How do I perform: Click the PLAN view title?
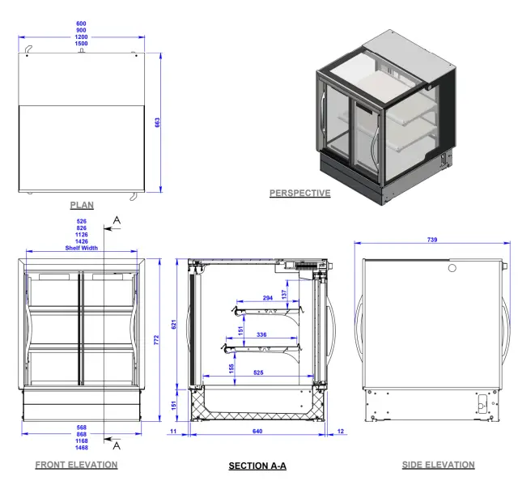82,206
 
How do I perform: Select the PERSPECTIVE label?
299,194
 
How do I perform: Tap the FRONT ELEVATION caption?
76,465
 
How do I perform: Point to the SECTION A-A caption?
257,466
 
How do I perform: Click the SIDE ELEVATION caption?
438,465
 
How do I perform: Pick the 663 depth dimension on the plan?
158,121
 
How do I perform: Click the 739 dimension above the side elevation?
438,240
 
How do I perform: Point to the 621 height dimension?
173,324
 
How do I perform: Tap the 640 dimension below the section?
257,432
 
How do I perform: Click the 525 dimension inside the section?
257,372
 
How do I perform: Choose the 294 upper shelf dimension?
269,298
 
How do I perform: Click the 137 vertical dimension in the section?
284,293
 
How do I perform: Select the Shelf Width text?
82,248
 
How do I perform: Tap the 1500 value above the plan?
82,45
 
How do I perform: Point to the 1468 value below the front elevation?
82,448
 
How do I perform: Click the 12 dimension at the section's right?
340,432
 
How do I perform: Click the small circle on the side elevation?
452,267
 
